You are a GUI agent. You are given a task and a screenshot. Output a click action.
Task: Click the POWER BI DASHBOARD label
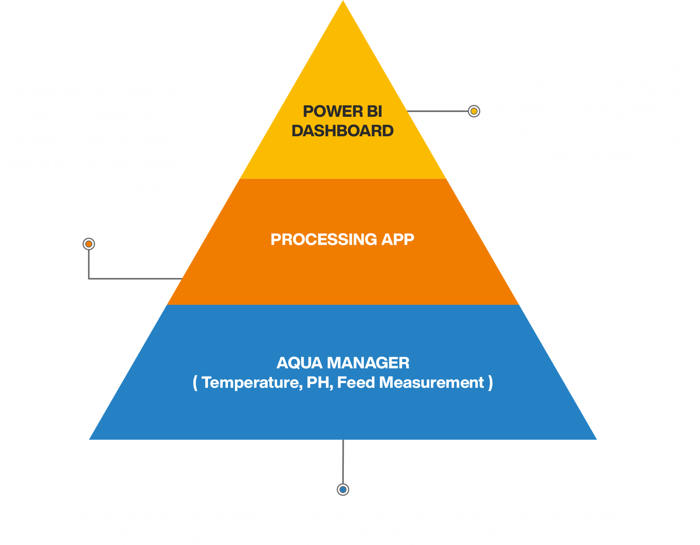(343, 121)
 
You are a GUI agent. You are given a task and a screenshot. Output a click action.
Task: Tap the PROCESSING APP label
(342, 240)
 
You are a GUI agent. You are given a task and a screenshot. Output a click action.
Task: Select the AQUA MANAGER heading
(343, 363)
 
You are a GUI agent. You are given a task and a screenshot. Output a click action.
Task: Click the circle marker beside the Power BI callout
(473, 111)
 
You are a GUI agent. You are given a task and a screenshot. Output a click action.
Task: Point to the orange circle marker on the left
(89, 244)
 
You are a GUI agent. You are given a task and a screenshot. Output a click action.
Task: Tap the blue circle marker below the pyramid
(343, 489)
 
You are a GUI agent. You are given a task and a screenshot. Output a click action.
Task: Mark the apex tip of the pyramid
(343, 2)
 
